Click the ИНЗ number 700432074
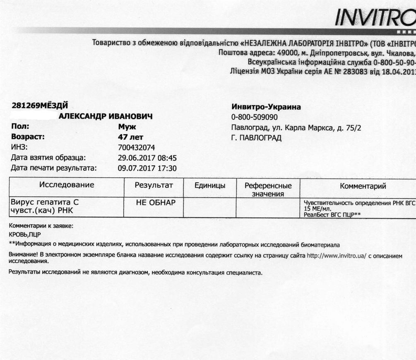137,147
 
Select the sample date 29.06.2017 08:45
147,158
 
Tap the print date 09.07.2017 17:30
147,168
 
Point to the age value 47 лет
130,137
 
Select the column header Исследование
67,185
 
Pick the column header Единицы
210,186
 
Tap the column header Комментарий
363,186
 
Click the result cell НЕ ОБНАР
156,203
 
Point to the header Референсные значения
268,189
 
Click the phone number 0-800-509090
255,117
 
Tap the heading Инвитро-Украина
266,107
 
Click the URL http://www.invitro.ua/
336,256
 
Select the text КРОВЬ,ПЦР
24,235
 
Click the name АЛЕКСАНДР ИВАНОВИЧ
106,116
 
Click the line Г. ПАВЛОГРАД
256,138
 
